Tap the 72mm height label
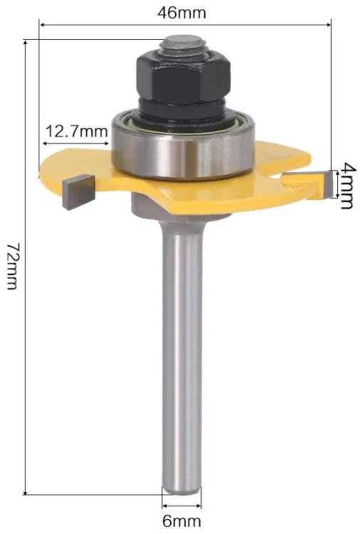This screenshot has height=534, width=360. tap(14, 267)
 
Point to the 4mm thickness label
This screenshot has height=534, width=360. tap(346, 186)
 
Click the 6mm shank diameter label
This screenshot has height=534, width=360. tap(181, 520)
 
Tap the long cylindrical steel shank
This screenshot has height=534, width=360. tap(181, 356)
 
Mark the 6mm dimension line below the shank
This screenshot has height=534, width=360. tap(181, 506)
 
